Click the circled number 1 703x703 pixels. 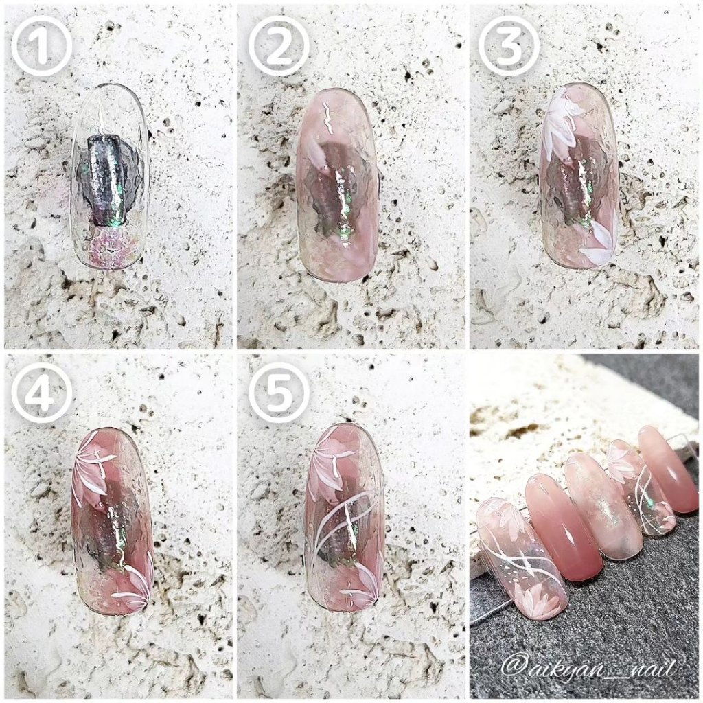[41, 45]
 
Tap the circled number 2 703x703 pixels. [279, 45]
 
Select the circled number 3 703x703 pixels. [509, 45]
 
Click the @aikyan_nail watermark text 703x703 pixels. [588, 669]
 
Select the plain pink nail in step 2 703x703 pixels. [337, 185]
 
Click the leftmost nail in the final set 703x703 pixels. [522, 558]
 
